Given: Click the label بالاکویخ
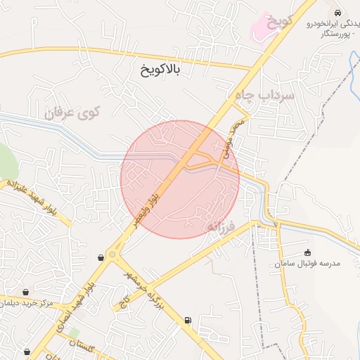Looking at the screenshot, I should coord(161,70).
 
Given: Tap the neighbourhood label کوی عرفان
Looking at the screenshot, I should coord(73,112).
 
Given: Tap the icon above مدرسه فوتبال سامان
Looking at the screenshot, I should coord(307,252).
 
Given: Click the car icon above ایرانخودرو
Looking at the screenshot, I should coord(338,13).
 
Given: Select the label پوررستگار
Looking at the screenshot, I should coord(338,33).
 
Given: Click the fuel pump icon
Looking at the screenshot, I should coord(188,321).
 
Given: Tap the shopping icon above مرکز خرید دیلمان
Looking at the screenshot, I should coord(26,292).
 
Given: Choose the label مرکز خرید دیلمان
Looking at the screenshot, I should coord(29,302).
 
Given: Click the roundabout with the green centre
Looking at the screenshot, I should coord(112,255).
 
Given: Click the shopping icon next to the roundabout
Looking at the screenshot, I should coord(103,257).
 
